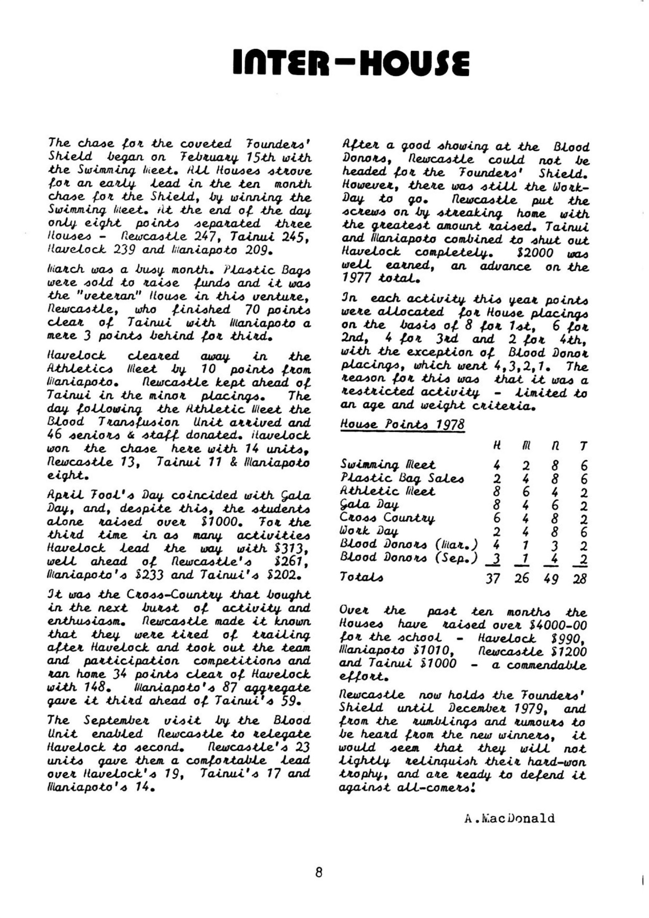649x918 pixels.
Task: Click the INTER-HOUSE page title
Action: click(351, 64)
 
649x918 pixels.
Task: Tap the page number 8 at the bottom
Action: click(319, 872)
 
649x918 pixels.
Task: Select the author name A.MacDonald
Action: click(509, 818)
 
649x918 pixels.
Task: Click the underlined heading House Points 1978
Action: click(402, 424)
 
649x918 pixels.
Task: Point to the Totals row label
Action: click(362, 577)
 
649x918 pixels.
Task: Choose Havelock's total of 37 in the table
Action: click(492, 579)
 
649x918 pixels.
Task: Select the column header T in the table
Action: click(583, 446)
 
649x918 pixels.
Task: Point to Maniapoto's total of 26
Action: click(521, 579)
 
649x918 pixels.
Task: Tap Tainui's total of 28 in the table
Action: click(580, 579)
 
